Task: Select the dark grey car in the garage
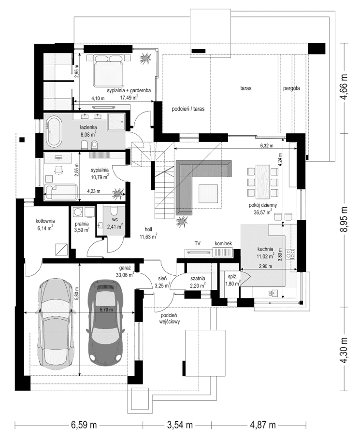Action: click(x=105, y=322)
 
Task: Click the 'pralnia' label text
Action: click(x=82, y=224)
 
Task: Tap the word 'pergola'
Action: click(x=292, y=88)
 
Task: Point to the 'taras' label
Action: click(x=247, y=88)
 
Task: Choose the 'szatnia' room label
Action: click(x=198, y=278)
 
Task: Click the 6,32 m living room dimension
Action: click(x=266, y=145)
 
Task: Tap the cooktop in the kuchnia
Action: click(x=291, y=255)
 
